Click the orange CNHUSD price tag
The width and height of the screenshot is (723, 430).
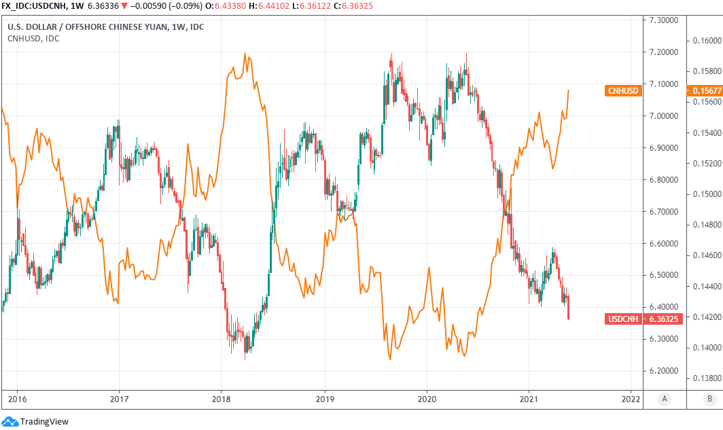(623, 90)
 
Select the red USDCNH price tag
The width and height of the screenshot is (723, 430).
(623, 319)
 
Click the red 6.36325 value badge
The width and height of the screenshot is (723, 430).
(664, 319)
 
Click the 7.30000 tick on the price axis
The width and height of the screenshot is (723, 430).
(664, 20)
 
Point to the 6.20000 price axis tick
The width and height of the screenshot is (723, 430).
(664, 371)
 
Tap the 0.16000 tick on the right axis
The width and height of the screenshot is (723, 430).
(705, 40)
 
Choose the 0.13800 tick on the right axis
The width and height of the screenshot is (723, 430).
(705, 378)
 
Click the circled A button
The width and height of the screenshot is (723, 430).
(663, 399)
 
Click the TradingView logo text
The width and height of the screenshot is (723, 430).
(44, 422)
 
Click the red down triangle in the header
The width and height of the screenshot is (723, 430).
(124, 7)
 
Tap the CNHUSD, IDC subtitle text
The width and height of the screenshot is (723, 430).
(33, 38)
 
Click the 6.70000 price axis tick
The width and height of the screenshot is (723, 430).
(664, 211)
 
